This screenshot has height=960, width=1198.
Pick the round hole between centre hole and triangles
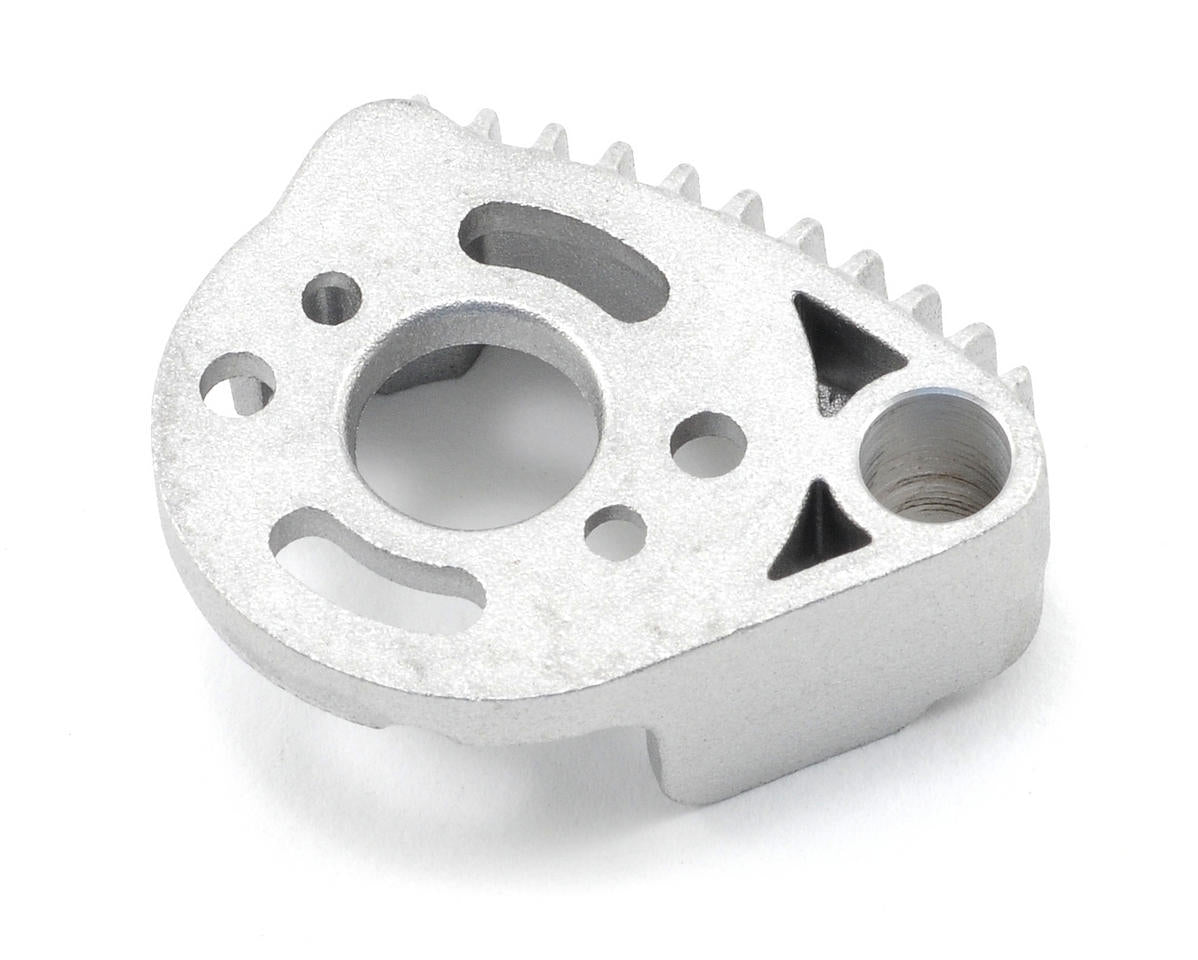pos(707,442)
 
